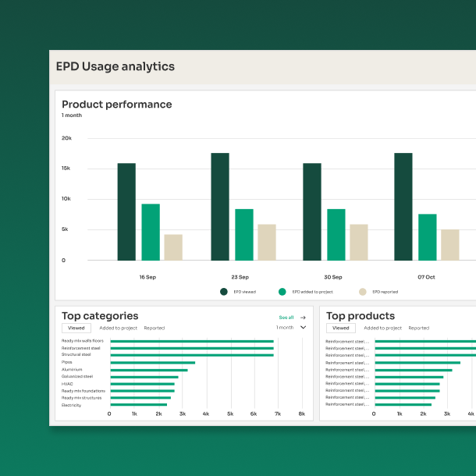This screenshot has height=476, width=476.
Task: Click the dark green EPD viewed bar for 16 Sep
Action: click(126, 211)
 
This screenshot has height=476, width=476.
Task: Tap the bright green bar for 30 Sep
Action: click(336, 234)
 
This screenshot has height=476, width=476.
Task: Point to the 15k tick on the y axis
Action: click(66, 169)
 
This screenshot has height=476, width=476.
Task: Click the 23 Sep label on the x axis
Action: click(240, 277)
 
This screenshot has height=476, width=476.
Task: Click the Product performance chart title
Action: click(117, 105)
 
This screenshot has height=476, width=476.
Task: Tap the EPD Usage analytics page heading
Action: click(115, 67)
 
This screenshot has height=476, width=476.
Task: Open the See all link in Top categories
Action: click(286, 318)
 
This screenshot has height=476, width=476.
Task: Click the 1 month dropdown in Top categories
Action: click(291, 328)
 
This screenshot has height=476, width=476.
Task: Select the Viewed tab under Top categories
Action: click(76, 329)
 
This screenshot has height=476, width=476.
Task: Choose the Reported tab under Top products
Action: click(419, 329)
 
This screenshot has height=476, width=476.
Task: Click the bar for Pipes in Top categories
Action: click(152, 362)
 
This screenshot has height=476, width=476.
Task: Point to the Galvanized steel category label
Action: click(77, 376)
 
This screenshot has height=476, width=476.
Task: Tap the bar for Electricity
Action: click(138, 405)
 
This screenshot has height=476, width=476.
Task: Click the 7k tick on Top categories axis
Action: click(277, 414)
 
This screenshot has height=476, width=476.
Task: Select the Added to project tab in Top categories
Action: click(118, 329)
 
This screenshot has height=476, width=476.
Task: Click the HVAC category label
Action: click(67, 383)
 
